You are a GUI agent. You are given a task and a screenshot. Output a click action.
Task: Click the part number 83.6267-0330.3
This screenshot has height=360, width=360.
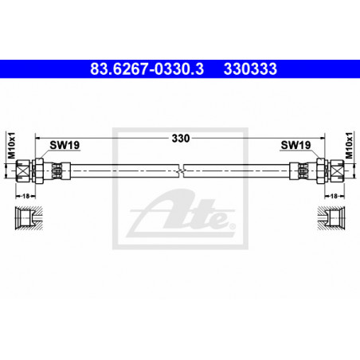147,69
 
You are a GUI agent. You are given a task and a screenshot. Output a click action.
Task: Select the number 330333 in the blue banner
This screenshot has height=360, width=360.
250,69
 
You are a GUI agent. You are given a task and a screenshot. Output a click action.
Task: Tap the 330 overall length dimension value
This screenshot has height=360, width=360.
181,139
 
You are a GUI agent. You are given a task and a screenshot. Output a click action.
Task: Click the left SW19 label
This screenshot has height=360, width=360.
65,145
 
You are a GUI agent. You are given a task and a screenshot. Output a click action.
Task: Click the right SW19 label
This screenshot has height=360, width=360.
295,145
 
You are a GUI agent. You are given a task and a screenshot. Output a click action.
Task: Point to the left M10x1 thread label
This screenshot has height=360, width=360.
12,146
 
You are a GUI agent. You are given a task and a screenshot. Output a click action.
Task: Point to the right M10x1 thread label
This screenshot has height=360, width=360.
349,146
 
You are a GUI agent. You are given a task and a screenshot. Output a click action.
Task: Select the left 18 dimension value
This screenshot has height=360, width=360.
25,196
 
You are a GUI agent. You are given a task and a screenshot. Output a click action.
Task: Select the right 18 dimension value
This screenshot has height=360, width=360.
334,196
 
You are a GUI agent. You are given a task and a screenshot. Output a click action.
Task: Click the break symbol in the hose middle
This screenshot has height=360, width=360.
181,170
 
